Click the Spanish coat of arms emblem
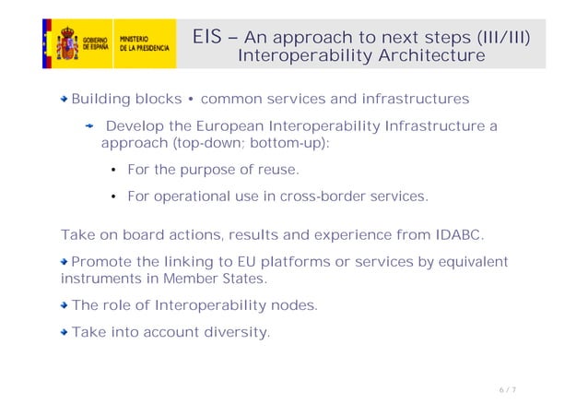tap(67, 44)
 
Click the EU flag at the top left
tap(46, 43)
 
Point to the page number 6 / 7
tap(507, 390)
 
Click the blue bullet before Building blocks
tap(65, 99)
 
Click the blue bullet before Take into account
tap(65, 332)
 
